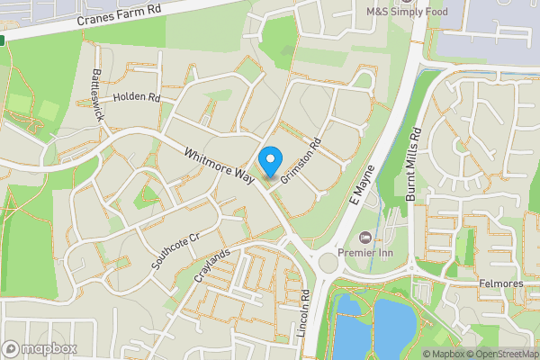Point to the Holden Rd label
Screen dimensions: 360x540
pos(137,97)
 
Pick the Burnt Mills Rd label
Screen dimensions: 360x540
pos(414,168)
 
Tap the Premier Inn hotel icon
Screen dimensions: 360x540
pos(364,237)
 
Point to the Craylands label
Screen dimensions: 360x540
pos(212,265)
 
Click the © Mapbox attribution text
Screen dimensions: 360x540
pos(444,354)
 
